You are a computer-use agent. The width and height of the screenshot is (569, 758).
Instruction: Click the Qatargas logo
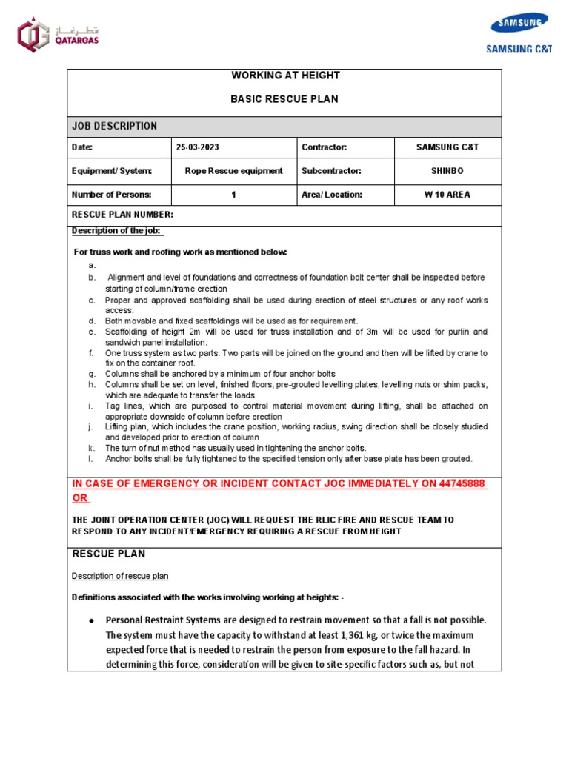(x=58, y=35)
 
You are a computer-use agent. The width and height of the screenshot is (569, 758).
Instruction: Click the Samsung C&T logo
(x=519, y=33)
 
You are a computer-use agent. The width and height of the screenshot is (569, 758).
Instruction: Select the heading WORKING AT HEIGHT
(x=285, y=76)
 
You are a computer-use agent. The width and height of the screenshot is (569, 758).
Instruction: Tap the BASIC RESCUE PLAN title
(x=285, y=99)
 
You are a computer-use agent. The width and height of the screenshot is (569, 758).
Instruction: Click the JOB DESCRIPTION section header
(x=114, y=127)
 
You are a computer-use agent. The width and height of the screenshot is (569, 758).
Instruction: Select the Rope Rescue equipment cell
(x=233, y=171)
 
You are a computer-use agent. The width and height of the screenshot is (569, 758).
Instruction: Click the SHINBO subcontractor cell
(x=447, y=171)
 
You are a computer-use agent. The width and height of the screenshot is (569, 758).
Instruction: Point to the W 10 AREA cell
(x=447, y=195)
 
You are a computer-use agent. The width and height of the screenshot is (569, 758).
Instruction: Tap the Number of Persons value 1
(x=233, y=195)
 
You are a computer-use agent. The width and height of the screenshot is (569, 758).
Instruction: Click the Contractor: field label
(x=324, y=147)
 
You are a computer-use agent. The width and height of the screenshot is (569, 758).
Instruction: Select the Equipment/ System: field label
(x=111, y=171)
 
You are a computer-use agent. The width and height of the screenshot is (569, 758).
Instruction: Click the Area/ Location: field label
(x=332, y=195)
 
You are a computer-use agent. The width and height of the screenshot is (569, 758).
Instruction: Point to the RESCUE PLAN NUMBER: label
(x=122, y=215)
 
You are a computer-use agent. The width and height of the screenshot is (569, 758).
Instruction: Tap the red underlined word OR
(x=79, y=498)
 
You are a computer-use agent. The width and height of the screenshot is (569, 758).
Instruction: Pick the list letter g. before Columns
(x=91, y=375)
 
